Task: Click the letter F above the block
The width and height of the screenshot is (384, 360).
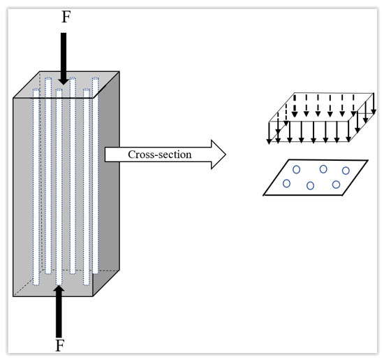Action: pos(66,17)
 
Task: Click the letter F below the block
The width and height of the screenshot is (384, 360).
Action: pos(60,345)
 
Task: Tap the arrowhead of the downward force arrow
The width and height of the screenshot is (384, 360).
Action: pos(64,81)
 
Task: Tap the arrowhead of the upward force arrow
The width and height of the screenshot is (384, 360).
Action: pos(59,289)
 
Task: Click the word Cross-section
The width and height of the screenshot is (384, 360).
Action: pos(160,154)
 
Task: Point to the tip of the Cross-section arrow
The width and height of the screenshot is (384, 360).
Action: pos(226,154)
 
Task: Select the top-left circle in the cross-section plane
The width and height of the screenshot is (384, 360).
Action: pos(296,169)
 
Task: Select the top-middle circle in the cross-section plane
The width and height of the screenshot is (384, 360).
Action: pos(323,169)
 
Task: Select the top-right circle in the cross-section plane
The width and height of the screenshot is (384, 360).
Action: pos(346,171)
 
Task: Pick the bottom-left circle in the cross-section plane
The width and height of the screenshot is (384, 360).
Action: pos(286,183)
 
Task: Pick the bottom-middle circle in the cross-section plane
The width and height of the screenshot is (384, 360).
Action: pos(310,186)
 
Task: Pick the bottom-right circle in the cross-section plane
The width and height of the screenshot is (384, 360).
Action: pos(336,185)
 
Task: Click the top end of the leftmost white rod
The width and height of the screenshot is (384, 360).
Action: pos(36,89)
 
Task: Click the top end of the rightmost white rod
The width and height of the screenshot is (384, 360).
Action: pos(96,78)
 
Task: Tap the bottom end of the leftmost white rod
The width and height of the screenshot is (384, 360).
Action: pos(36,285)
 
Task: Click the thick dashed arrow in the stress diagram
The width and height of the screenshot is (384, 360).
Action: pos(295,106)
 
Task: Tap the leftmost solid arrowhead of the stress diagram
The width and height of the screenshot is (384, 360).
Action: pos(269,142)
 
